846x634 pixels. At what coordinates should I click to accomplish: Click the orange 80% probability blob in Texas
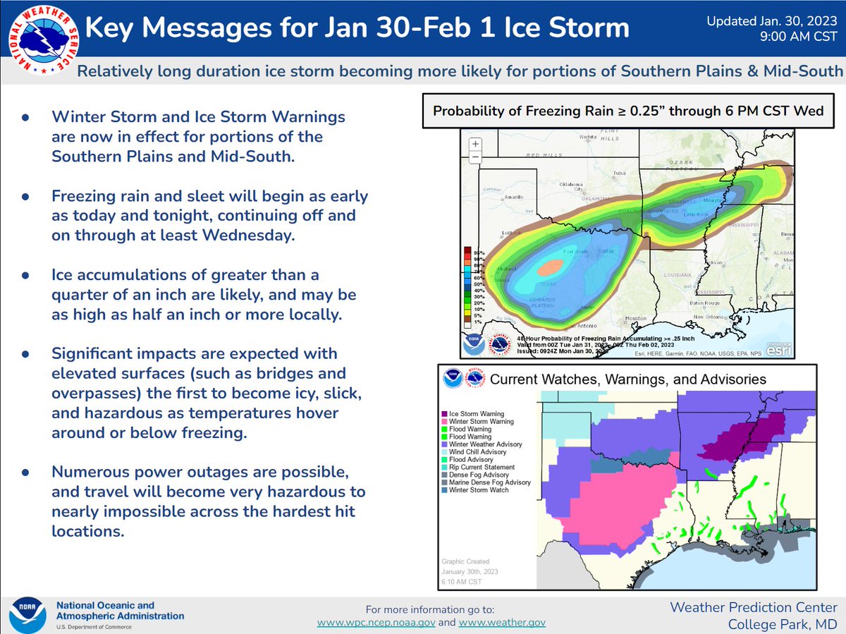[x=551, y=267]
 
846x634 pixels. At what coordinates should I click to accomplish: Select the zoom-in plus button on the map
[x=475, y=144]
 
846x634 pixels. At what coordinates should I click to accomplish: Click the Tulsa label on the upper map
[x=620, y=172]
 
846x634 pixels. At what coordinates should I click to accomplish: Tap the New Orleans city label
[x=709, y=317]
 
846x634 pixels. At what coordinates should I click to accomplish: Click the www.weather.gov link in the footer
[x=503, y=623]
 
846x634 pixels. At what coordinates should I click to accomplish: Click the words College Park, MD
[x=783, y=624]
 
